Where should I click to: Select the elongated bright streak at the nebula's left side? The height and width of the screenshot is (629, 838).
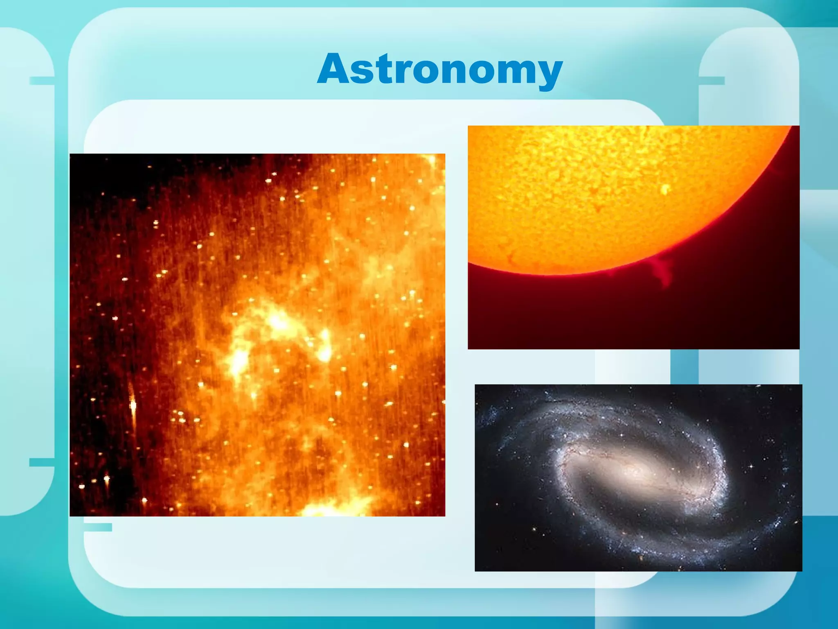(x=133, y=403)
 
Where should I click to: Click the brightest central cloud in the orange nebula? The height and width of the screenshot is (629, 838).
(x=278, y=321)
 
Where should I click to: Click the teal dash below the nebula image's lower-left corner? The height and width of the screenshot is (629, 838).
(x=98, y=527)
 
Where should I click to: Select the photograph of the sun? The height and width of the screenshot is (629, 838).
(x=633, y=237)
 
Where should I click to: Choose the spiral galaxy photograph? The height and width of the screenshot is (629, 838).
(x=638, y=477)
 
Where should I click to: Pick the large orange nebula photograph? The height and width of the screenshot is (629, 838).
(x=257, y=335)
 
